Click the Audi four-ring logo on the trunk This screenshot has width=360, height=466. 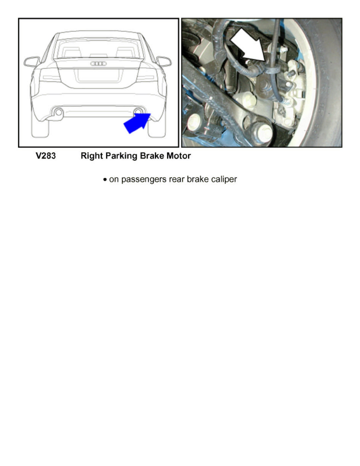tap(98, 64)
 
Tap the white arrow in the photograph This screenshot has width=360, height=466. tap(248, 45)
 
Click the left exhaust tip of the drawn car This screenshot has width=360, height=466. tap(58, 112)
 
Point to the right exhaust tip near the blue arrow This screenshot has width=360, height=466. tap(138, 112)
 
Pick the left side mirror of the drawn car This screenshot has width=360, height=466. tap(31, 62)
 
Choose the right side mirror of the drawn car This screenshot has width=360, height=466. tap(164, 61)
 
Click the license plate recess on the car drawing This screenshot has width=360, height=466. tap(98, 75)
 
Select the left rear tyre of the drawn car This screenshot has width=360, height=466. tap(40, 128)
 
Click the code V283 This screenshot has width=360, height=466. tap(46, 156)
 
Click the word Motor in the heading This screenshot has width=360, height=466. tap(178, 156)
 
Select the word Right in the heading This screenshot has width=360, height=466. tap(92, 156)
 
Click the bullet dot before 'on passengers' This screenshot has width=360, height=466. tap(105, 180)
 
